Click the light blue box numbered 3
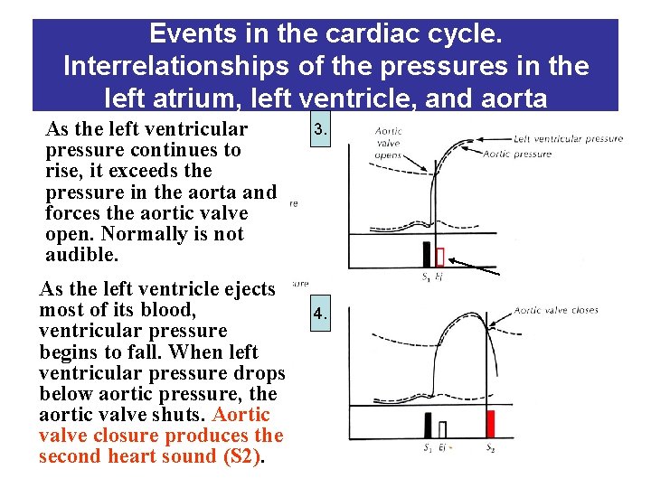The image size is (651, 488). [319, 130]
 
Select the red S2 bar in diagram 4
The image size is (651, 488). [491, 425]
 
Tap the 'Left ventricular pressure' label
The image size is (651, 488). [568, 139]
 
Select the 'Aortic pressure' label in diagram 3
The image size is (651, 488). [516, 155]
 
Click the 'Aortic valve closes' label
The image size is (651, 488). [556, 310]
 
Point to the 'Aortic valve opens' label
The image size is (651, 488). [388, 143]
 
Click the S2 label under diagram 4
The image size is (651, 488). [490, 447]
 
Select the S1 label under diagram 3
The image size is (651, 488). [426, 277]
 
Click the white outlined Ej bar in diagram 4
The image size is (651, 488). [442, 428]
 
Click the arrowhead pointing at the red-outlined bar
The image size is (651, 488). [453, 261]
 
